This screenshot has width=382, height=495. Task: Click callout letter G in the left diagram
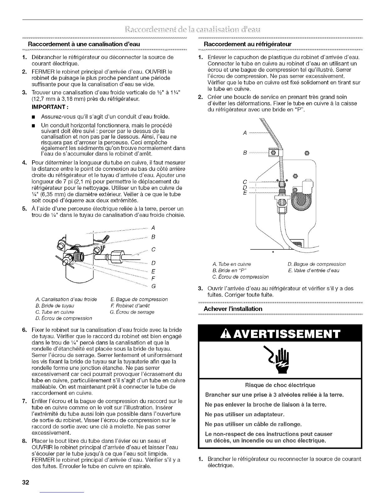coord(153,286)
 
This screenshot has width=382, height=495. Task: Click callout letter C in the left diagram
coord(153,249)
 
